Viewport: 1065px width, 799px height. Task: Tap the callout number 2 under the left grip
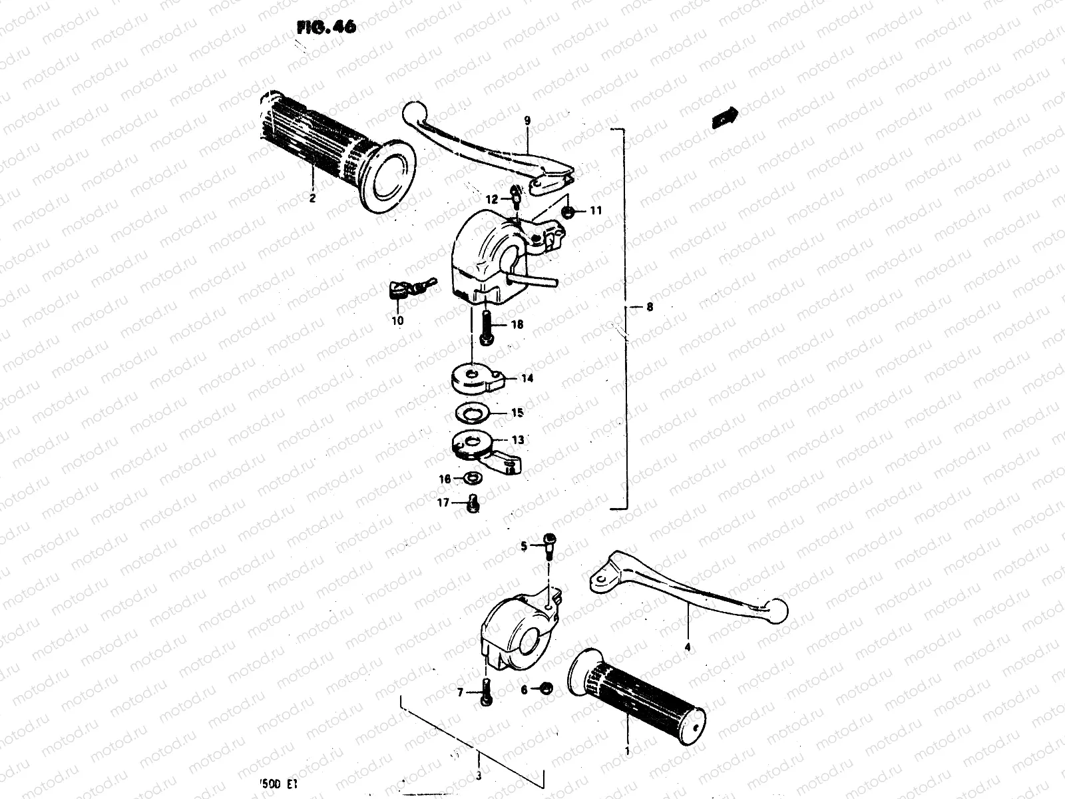[x=312, y=197]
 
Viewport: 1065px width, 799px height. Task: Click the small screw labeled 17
[x=474, y=503]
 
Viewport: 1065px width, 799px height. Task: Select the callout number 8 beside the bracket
[x=650, y=307]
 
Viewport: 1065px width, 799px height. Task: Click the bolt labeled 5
[x=549, y=547]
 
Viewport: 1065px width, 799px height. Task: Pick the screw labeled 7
[x=487, y=693]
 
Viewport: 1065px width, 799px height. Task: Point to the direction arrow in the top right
[x=724, y=118]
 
